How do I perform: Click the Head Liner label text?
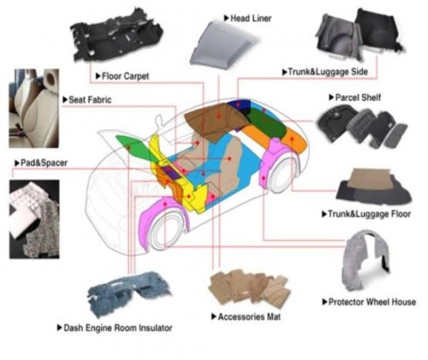[x=251, y=19]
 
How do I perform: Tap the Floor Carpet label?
[x=125, y=76]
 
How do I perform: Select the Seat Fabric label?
[x=90, y=100]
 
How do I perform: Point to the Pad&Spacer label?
[x=44, y=163]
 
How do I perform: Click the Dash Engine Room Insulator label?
[x=118, y=328]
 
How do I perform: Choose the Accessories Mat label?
[x=249, y=316]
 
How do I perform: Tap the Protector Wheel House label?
[x=372, y=302]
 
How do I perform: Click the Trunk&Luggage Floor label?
[x=369, y=214]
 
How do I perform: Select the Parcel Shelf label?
[x=358, y=97]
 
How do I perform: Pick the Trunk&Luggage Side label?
[x=328, y=72]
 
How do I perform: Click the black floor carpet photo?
[x=117, y=36]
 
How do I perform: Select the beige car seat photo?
[x=34, y=109]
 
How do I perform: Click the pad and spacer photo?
[x=34, y=219]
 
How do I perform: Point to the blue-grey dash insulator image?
[x=128, y=293]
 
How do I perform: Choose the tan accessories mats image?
[x=249, y=288]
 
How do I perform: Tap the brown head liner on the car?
[x=216, y=120]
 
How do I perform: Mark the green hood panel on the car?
[x=134, y=148]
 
